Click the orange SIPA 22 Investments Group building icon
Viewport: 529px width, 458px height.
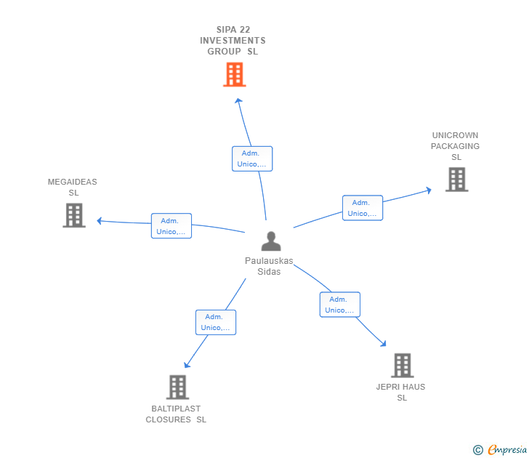234,75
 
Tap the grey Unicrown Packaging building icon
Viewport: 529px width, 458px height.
456,180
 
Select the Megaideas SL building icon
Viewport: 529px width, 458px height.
74,215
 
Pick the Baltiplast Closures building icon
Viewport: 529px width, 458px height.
177,387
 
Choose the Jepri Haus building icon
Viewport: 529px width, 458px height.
402,366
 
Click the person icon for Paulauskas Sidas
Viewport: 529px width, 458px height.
270,241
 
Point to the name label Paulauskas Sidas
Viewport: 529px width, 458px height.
269,266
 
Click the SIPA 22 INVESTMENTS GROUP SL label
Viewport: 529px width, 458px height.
233,41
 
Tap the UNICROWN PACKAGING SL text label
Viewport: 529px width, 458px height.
456,146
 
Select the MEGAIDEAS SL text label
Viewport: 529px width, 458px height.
73,188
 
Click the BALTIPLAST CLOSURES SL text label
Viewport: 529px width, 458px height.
176,414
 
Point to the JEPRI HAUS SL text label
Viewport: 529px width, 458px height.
401,392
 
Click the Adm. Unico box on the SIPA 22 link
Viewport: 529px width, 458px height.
252,158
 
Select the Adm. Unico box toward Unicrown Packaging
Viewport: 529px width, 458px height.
362,208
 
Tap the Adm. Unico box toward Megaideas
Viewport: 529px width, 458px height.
171,226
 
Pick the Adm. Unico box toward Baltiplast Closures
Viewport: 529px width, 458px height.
215,322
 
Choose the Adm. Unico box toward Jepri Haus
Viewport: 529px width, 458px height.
339,305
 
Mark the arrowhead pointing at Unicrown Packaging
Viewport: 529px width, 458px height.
429,190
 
